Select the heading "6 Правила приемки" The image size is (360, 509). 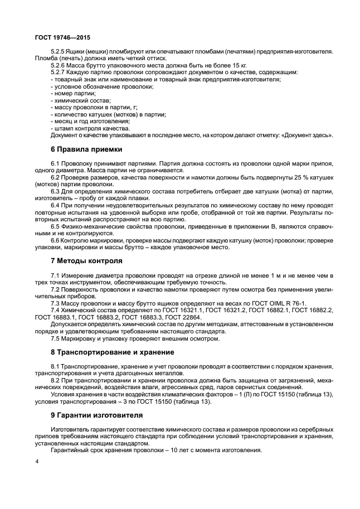click(x=85, y=149)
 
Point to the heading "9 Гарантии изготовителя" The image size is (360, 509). click(x=96, y=415)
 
